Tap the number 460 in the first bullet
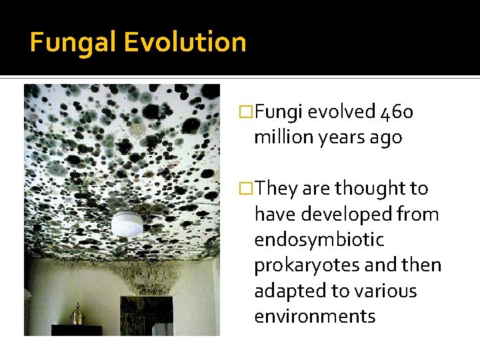[x=397, y=112]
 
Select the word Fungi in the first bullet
[x=279, y=113]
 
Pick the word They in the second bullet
[x=276, y=189]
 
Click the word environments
[x=315, y=316]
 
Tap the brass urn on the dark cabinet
[x=77, y=313]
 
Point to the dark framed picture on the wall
[x=146, y=314]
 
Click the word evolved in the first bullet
[x=341, y=112]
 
